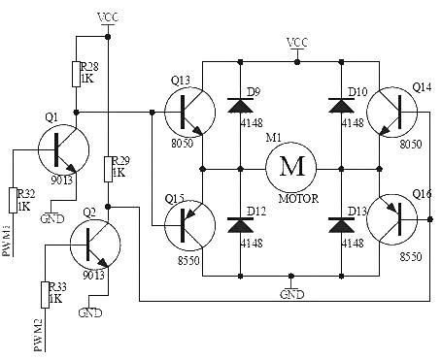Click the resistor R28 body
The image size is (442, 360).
77,75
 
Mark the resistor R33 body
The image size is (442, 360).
46,294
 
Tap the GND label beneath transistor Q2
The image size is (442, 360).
90,313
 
